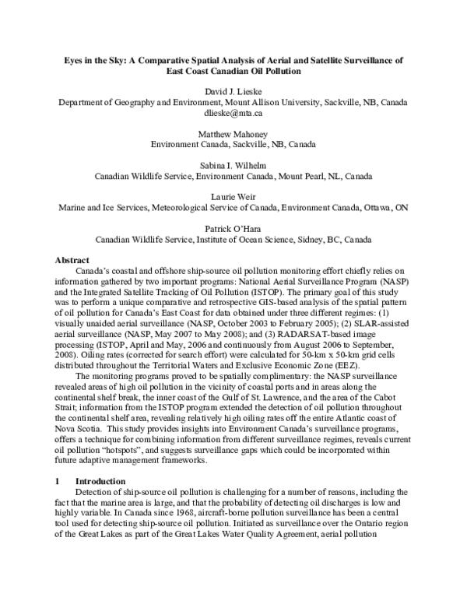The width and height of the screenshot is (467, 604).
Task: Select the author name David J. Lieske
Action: tap(233, 91)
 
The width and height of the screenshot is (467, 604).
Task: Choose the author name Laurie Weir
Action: tap(233, 197)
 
